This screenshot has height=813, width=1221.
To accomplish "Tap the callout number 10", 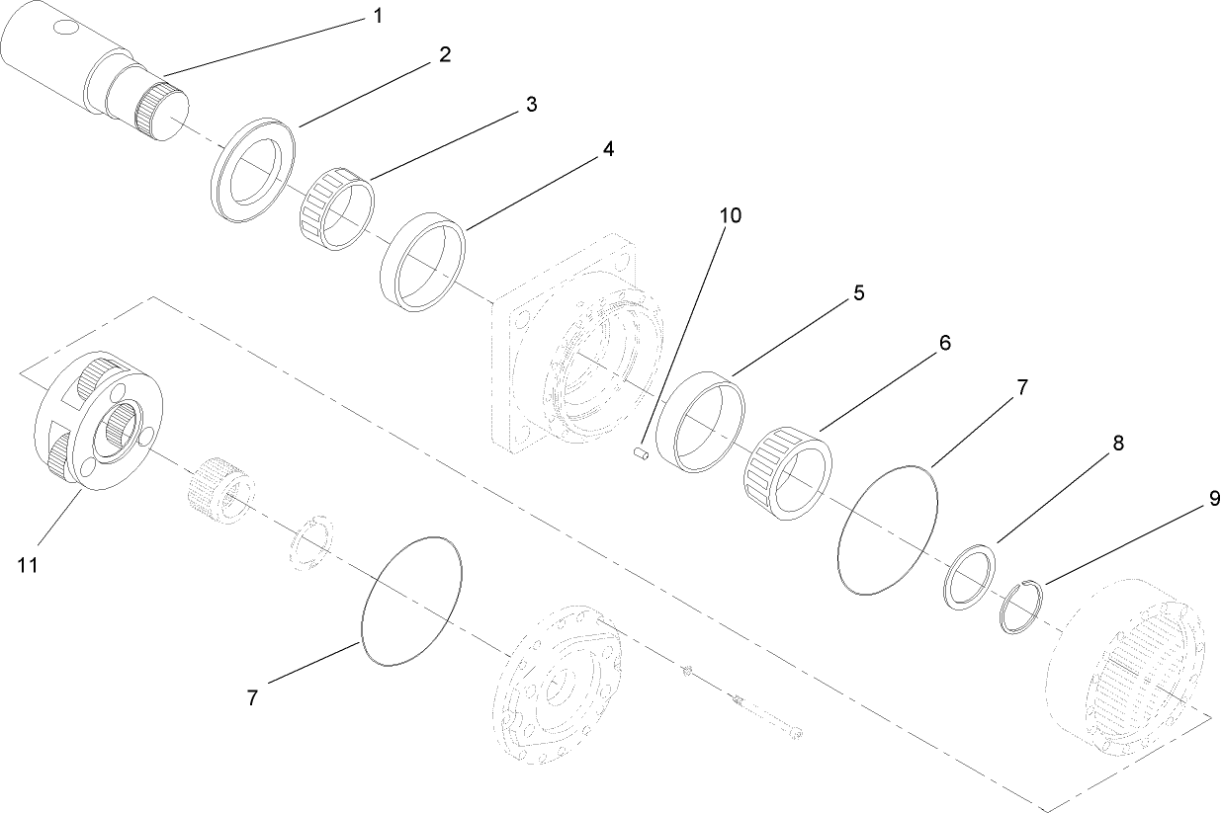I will click(730, 215).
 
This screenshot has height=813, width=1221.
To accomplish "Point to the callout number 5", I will click(858, 292).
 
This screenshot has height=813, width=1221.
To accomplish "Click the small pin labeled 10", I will click(639, 453).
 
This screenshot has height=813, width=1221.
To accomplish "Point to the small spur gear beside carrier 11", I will click(219, 483).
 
